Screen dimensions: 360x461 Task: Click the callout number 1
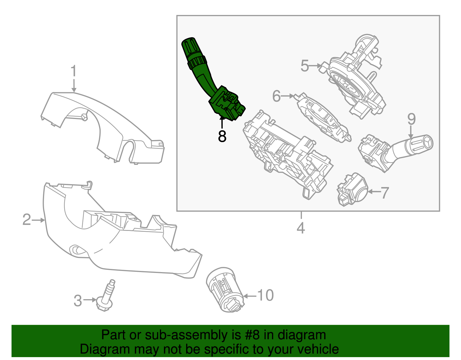coord(74,71)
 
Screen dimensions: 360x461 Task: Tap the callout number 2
coord(27,220)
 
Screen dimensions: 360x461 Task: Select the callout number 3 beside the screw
coord(78,301)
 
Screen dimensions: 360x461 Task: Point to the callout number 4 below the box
coord(301,228)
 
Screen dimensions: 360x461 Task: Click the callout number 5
coord(305,66)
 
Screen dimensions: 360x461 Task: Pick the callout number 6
coord(276,96)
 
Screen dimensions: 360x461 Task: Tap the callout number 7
coord(385,193)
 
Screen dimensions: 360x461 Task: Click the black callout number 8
coord(222,136)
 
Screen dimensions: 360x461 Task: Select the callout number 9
coord(411,119)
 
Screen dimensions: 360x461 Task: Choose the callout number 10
coord(265,295)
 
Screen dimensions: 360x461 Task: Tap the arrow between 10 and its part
coord(250,296)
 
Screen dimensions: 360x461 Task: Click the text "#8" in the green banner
coord(252,335)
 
